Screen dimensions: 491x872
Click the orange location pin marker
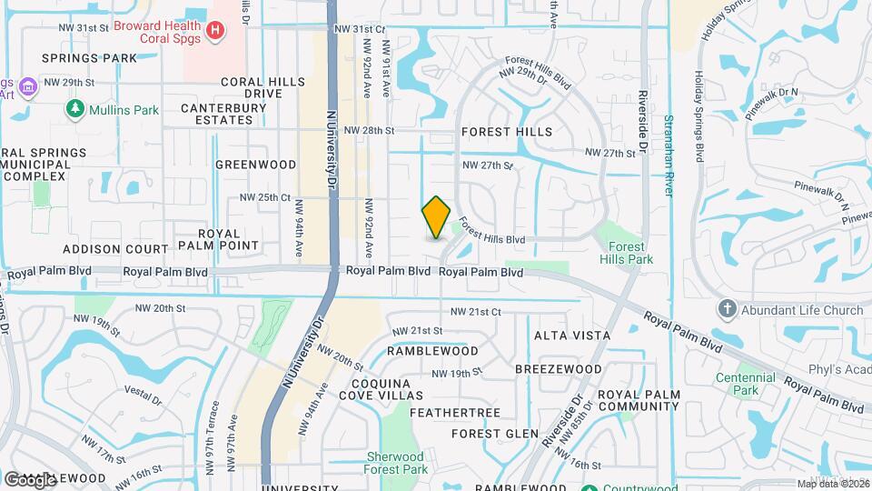point(436,217)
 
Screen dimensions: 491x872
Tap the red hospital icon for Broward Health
point(214,31)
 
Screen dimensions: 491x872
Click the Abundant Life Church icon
point(726,310)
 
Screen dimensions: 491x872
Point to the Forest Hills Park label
point(626,253)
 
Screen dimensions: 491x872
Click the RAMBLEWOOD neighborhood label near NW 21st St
point(432,350)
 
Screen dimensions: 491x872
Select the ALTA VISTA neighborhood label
point(572,336)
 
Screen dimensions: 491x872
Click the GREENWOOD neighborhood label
point(255,165)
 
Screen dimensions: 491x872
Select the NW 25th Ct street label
point(264,197)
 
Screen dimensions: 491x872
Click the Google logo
point(30,479)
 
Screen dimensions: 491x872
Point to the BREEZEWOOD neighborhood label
point(558,369)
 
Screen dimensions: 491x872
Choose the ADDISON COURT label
point(115,248)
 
